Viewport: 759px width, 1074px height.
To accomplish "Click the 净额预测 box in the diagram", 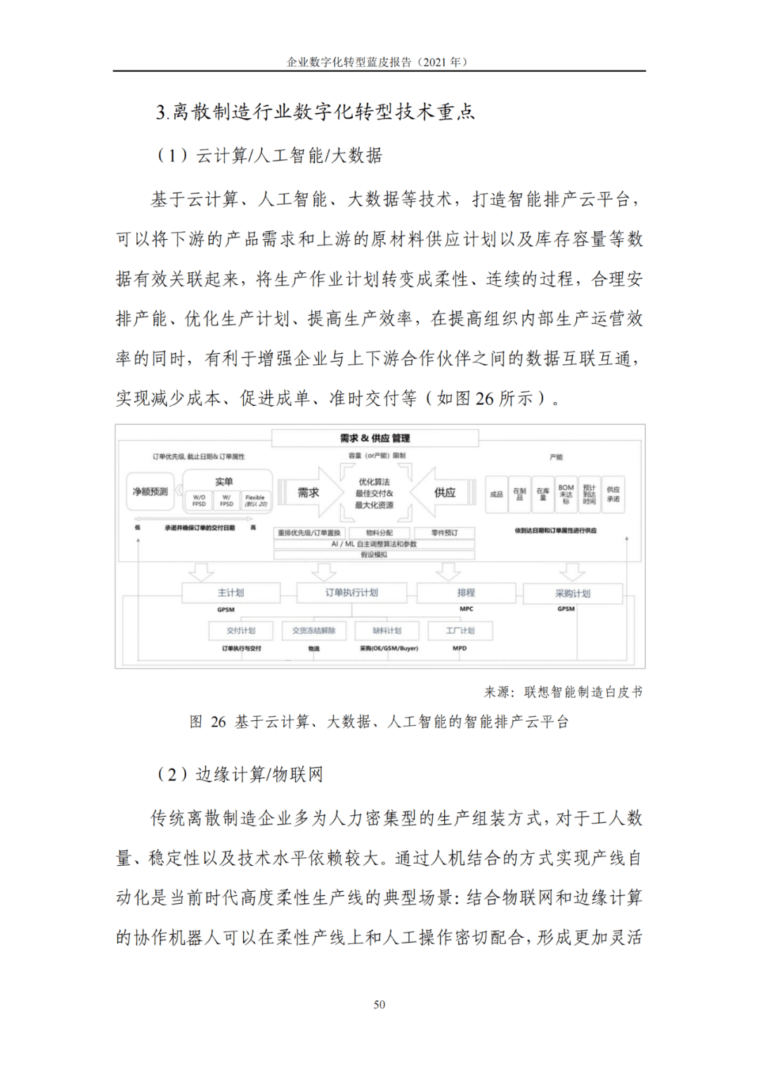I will point(150,492).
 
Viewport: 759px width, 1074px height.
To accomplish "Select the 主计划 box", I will point(231,593).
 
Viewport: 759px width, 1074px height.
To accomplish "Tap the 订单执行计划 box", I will point(351,593).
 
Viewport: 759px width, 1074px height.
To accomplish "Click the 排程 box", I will point(466,593).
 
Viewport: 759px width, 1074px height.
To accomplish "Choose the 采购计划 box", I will point(573,594).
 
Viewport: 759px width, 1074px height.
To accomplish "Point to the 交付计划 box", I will point(241,631).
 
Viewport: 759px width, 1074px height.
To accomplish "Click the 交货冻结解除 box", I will point(314,631).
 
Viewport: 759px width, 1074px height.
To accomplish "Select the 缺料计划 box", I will point(387,631).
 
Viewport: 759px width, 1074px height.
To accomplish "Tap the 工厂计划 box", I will point(460,631).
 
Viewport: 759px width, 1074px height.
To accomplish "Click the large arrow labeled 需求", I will point(308,493).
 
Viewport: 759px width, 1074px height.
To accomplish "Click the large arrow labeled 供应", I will point(444,493).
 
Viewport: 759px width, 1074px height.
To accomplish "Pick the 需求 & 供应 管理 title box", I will point(375,438).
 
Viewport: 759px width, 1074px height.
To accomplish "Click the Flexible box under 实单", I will point(255,500).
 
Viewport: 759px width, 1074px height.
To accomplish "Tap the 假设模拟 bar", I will point(374,555).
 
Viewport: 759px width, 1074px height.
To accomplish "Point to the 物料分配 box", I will point(379,533).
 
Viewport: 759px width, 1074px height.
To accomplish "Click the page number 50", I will point(379,1004).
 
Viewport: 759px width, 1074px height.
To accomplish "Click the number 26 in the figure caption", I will point(219,722).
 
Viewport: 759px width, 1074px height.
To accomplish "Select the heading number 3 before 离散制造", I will point(161,113).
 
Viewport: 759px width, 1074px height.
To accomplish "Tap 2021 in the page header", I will point(433,62).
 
